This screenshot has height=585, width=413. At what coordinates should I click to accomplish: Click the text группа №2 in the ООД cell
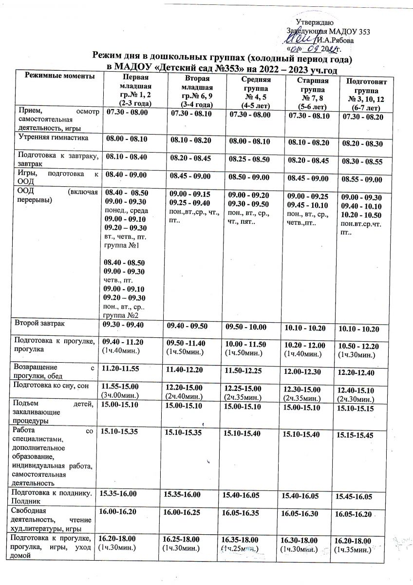point(119,315)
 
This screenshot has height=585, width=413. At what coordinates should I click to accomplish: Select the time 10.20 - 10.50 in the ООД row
point(361,215)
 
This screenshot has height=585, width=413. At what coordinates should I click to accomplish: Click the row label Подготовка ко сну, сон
point(51,385)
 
